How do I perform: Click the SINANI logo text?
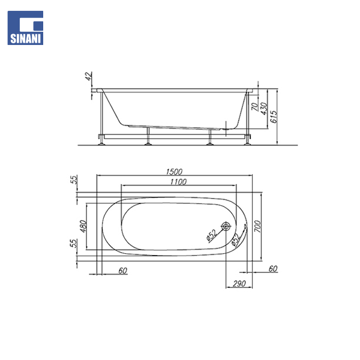(x=25, y=38)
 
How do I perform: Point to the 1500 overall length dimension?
(x=174, y=172)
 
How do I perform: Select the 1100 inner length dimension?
(x=178, y=182)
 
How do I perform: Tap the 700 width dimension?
(x=257, y=226)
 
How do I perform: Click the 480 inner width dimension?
(x=83, y=226)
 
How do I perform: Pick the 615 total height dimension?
(x=274, y=117)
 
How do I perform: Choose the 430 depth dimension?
(x=264, y=109)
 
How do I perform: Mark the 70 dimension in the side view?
(x=254, y=107)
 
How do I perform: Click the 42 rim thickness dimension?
(x=89, y=76)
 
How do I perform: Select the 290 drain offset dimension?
(x=239, y=284)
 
